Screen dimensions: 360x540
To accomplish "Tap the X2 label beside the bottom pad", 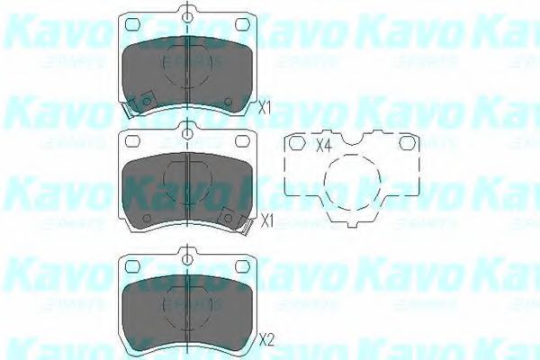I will [265, 339].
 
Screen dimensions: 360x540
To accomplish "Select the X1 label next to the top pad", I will [265, 108].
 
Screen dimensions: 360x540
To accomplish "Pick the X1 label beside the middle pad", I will [265, 220].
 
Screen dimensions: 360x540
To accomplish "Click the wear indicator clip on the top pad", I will [133, 106].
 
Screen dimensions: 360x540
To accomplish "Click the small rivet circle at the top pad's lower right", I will [227, 98].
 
